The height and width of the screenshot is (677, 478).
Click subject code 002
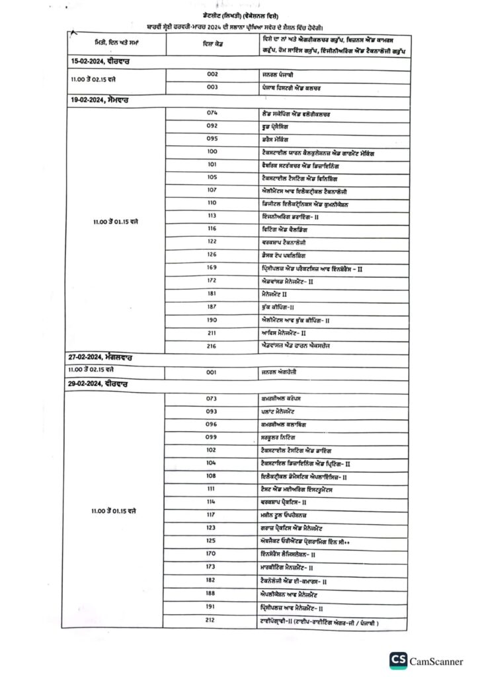click(x=212, y=75)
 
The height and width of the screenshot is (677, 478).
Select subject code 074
click(x=212, y=114)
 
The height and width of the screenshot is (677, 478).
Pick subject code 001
click(x=212, y=372)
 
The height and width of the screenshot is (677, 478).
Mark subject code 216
click(x=212, y=345)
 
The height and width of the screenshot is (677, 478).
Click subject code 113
click(x=212, y=216)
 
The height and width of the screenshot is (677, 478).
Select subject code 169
click(x=212, y=268)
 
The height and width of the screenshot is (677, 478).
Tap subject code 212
click(x=212, y=619)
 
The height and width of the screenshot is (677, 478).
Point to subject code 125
click(x=212, y=540)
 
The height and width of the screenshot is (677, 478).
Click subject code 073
click(x=212, y=399)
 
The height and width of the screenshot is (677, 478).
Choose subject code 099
click(x=212, y=438)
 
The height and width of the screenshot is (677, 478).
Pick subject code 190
click(x=212, y=319)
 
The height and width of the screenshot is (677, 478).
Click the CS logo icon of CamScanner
click(x=398, y=660)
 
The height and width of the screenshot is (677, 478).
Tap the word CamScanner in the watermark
click(x=436, y=660)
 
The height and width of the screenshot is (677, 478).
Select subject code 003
click(x=212, y=87)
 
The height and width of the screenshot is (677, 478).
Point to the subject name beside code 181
click(x=274, y=294)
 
